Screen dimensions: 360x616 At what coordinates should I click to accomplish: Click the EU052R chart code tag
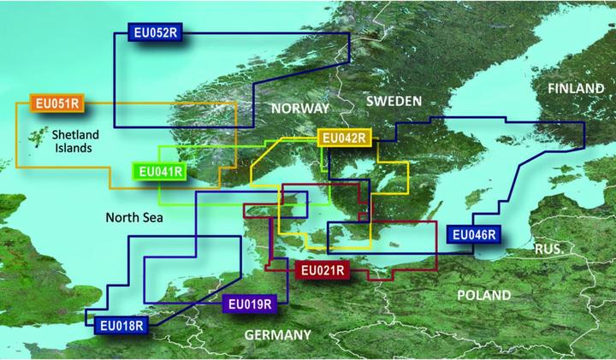pyautogui.click(x=157, y=33)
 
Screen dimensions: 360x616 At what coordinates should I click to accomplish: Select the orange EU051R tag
pyautogui.click(x=56, y=103)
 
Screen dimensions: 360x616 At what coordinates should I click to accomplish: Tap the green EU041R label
pyautogui.click(x=160, y=172)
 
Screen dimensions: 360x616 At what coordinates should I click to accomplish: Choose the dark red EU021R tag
pyautogui.click(x=323, y=271)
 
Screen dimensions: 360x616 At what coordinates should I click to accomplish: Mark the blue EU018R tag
pyautogui.click(x=121, y=324)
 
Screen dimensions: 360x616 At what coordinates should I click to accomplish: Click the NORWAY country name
pyautogui.click(x=299, y=109)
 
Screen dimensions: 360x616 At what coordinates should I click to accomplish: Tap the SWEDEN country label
pyautogui.click(x=394, y=101)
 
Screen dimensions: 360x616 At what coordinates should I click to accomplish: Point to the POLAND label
pyautogui.click(x=484, y=295)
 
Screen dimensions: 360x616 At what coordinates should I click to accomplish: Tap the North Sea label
pyautogui.click(x=135, y=218)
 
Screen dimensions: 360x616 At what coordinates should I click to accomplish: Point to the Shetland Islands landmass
pyautogui.click(x=37, y=137)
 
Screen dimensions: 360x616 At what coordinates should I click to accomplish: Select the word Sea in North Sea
pyautogui.click(x=154, y=218)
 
